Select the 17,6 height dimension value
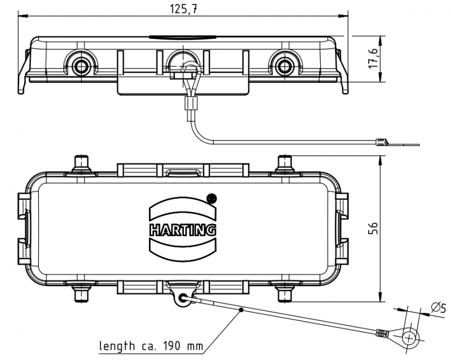tap(373, 59)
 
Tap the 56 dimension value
tap(373, 227)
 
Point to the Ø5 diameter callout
tap(437, 308)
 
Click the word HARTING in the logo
tap(183, 229)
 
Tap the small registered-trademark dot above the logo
tap(212, 198)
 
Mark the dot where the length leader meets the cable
tap(241, 309)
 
